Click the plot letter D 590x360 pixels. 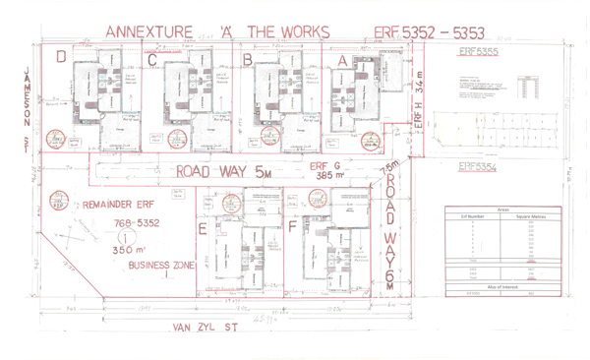(x=61, y=58)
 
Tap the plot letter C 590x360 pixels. (x=151, y=60)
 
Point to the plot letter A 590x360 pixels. (x=342, y=60)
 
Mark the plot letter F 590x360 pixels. (x=293, y=229)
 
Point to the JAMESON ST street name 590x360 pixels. (x=24, y=108)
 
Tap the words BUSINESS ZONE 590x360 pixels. (x=163, y=265)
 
